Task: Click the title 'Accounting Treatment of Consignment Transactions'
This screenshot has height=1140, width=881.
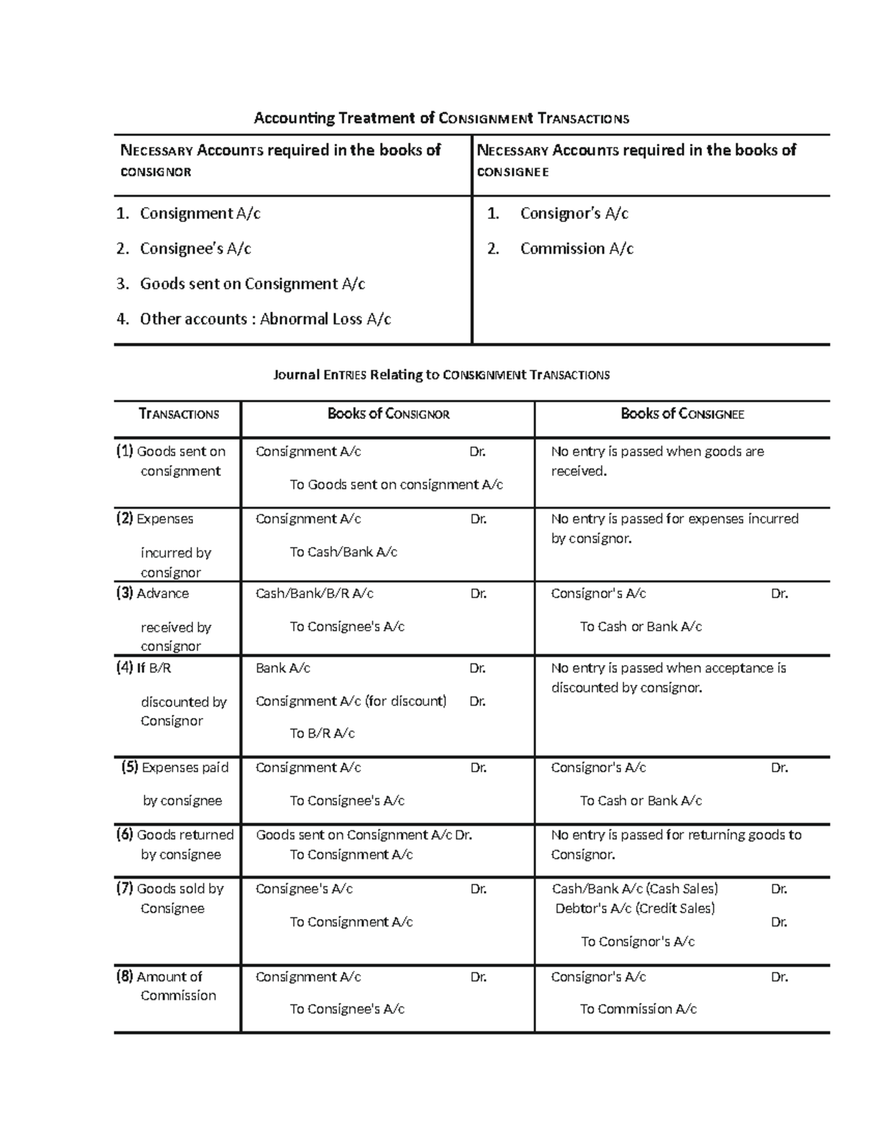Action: pyautogui.click(x=441, y=118)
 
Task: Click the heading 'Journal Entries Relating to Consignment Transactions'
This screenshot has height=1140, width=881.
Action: pyautogui.click(x=441, y=375)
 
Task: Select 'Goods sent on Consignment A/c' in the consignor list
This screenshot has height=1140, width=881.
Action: pyautogui.click(x=252, y=284)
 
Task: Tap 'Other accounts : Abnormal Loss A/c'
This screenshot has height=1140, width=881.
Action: pyautogui.click(x=265, y=319)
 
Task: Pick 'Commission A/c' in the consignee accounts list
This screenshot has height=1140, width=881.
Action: pyautogui.click(x=576, y=249)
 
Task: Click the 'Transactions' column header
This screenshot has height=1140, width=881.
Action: pyautogui.click(x=178, y=414)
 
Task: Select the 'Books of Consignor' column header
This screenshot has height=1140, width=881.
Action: pyautogui.click(x=388, y=414)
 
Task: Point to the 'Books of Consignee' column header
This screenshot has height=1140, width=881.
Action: pyautogui.click(x=682, y=414)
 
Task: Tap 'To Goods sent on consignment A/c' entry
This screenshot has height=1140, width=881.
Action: pyautogui.click(x=396, y=484)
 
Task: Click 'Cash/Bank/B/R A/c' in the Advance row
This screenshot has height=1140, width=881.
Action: pyautogui.click(x=314, y=593)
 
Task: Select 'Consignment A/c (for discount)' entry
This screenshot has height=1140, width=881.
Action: pyautogui.click(x=351, y=701)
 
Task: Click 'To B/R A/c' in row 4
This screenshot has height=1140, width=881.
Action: pyautogui.click(x=322, y=733)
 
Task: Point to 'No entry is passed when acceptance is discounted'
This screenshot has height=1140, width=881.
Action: pyautogui.click(x=668, y=678)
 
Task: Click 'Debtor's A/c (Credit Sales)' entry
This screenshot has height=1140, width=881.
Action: pyautogui.click(x=635, y=909)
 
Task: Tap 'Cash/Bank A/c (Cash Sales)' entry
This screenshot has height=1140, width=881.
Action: pyautogui.click(x=635, y=889)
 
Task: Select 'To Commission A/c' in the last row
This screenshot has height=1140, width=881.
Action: pyautogui.click(x=638, y=1009)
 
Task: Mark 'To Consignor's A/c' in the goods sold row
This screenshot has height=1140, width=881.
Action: pyautogui.click(x=638, y=942)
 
